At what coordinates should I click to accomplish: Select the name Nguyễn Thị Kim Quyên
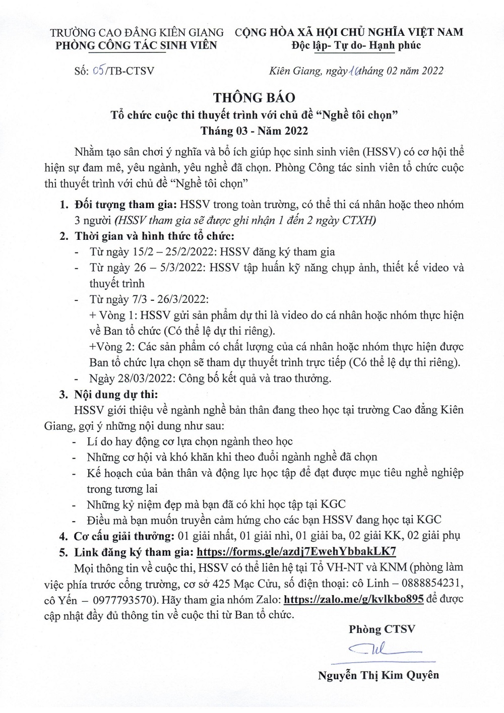pos(379,675)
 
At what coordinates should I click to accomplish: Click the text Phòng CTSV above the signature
pos(382,629)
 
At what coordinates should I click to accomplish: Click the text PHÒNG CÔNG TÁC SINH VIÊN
pos(136,45)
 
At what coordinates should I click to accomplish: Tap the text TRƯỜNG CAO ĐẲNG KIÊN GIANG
pos(137,32)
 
